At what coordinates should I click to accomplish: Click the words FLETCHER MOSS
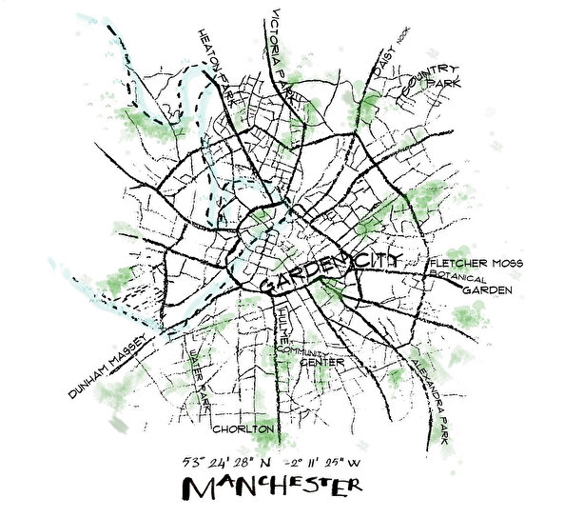(x=476, y=263)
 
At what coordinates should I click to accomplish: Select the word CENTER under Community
(x=321, y=363)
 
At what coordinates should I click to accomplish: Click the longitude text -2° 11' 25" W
(x=317, y=463)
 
